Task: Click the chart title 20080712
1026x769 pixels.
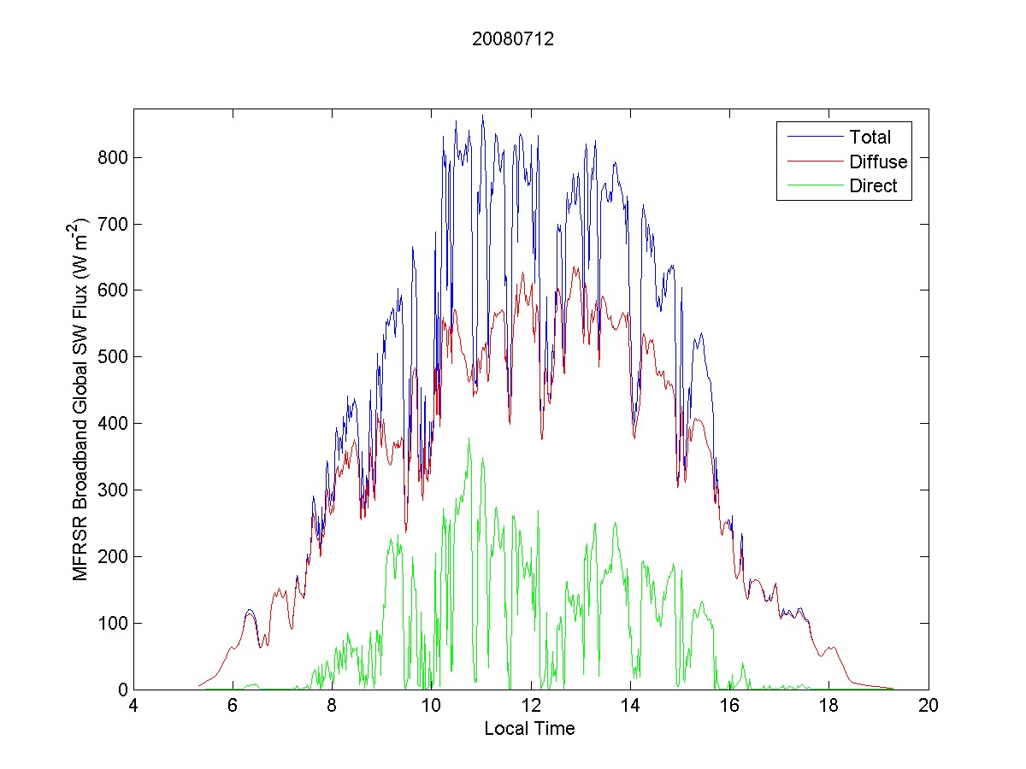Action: pos(513,38)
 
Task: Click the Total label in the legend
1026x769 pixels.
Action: pos(870,137)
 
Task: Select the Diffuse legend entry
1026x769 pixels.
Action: pos(878,161)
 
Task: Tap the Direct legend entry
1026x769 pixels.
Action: pos(873,186)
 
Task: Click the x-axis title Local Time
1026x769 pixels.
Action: pos(529,729)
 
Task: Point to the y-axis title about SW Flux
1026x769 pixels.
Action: pos(81,398)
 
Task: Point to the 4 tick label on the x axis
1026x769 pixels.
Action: pos(133,706)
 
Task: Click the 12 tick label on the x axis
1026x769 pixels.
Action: pos(531,706)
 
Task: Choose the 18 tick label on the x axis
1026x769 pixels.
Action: pos(828,706)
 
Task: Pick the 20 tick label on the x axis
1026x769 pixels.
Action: pos(928,706)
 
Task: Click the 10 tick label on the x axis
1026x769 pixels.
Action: pos(432,706)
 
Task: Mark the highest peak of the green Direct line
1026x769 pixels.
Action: pos(469,438)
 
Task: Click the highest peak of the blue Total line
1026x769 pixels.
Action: pos(482,115)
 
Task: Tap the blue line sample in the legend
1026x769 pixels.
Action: pos(811,137)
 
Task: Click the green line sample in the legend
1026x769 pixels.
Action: pos(811,186)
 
